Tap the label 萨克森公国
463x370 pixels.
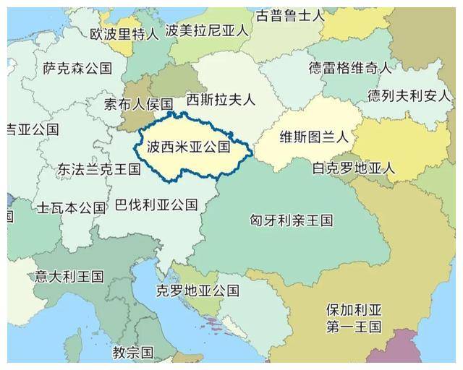77,69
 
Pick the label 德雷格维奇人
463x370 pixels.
350,69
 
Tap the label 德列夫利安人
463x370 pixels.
409,95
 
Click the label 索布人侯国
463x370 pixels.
138,103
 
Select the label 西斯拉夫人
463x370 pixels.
221,98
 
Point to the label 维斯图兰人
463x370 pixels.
314,136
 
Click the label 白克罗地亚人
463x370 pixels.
353,168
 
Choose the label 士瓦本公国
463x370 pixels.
72,208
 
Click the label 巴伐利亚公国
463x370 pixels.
156,205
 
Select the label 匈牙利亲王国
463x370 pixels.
291,219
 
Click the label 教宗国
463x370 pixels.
133,353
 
